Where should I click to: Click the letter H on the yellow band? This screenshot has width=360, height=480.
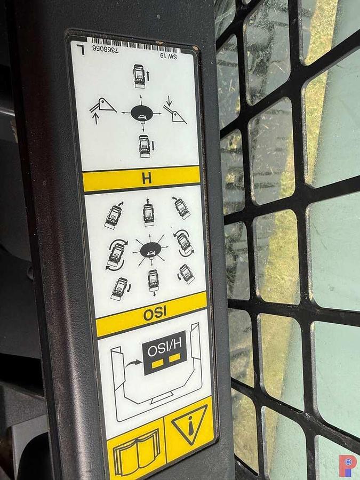pyautogui.click(x=147, y=178)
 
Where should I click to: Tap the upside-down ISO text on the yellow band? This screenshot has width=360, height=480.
pyautogui.click(x=155, y=314)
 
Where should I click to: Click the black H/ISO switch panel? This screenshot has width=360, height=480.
pyautogui.click(x=164, y=353)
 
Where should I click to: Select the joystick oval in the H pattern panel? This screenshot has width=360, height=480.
pyautogui.click(x=142, y=114)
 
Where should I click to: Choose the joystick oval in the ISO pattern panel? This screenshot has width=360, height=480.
pyautogui.click(x=150, y=249)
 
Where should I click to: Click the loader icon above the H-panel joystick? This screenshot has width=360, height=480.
pyautogui.click(x=140, y=76)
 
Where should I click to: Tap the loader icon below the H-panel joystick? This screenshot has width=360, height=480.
pyautogui.click(x=144, y=146)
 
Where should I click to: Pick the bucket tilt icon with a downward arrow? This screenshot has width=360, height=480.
pyautogui.click(x=174, y=110)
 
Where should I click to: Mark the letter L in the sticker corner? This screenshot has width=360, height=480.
pyautogui.click(x=81, y=49)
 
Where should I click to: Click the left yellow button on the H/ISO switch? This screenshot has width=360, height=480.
pyautogui.click(x=158, y=363)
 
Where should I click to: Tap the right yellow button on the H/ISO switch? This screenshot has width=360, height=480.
pyautogui.click(x=174, y=357)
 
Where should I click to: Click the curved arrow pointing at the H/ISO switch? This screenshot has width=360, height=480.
pyautogui.click(x=134, y=363)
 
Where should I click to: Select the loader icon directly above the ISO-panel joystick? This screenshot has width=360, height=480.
pyautogui.click(x=148, y=212)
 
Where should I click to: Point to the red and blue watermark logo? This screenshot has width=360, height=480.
pyautogui.click(x=348, y=466)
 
